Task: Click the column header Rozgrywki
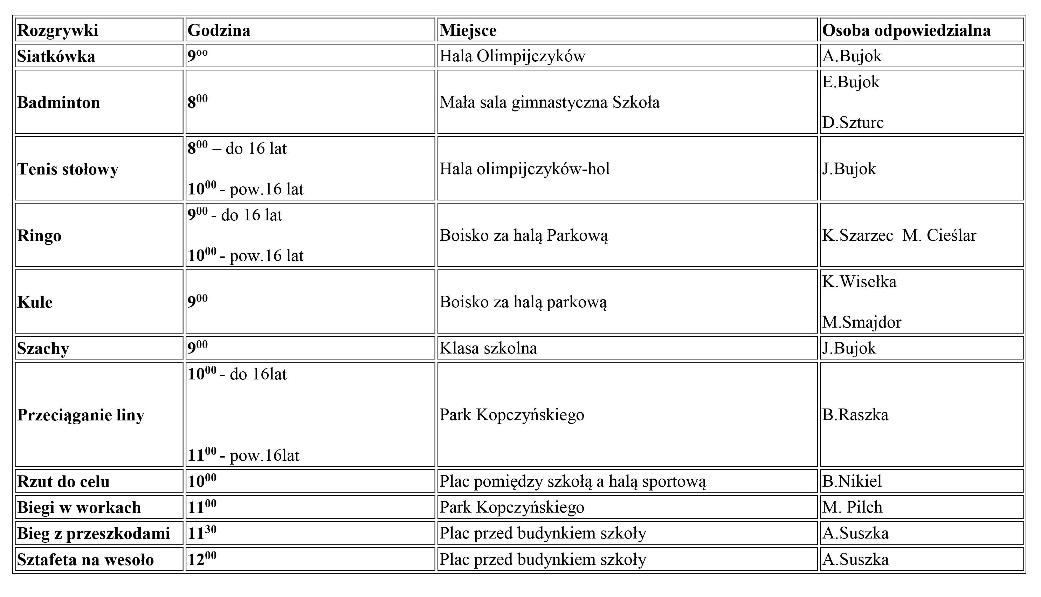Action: tap(57, 30)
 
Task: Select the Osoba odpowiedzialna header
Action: tap(906, 30)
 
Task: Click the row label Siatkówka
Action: tap(56, 56)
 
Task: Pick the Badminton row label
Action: tap(58, 102)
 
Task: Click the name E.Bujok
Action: tap(850, 82)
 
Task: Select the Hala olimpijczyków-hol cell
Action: tap(524, 169)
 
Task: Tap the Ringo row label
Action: tap(39, 236)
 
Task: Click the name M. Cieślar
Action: tap(939, 236)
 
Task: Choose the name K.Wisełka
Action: tap(859, 282)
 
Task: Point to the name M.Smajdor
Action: tap(862, 322)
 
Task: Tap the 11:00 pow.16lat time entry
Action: tap(243, 455)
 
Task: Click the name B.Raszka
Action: tap(855, 415)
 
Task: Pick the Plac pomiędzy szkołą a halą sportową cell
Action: tap(573, 481)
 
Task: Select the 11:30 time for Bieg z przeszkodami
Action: tap(202, 533)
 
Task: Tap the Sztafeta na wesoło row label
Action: tap(85, 560)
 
